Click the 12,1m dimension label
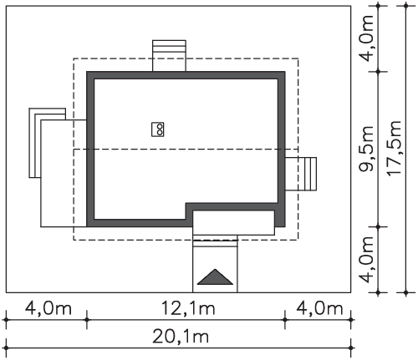pos(188,309)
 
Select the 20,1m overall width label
pos(181,337)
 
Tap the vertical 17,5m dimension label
pos(395,148)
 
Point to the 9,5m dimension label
pos(366,149)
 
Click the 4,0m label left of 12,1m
pos(48,309)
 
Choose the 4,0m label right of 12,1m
pos(319,309)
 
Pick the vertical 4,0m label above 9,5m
pos(366,38)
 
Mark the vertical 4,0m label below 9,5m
pos(366,259)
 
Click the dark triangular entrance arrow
pos(215,277)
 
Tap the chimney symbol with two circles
pos(158,129)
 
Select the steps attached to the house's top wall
pos(169,56)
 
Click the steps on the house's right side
pos(301,174)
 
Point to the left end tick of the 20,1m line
pos(6,348)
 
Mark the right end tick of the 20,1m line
pos(351,348)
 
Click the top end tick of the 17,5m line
pos(406,6)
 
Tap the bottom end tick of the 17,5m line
pos(406,292)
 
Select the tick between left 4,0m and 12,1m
pos(87,320)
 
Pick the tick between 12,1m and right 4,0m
pos(285,320)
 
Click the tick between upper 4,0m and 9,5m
pos(378,72)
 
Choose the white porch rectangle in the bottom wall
pos(233,223)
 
